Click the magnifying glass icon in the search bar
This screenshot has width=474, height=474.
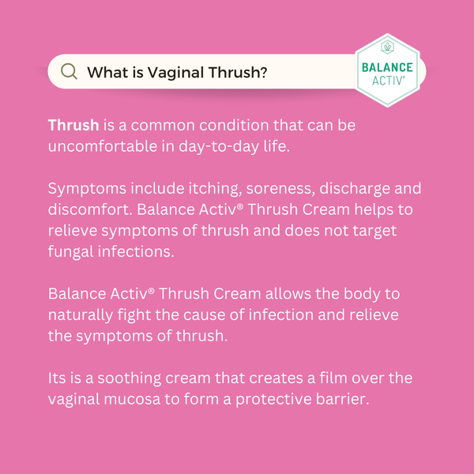(x=70, y=72)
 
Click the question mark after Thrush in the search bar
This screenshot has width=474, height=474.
(x=262, y=73)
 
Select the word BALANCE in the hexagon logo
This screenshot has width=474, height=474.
(x=387, y=68)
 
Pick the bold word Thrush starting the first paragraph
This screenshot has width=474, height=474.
(x=73, y=126)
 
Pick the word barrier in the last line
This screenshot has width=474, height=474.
(x=341, y=399)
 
